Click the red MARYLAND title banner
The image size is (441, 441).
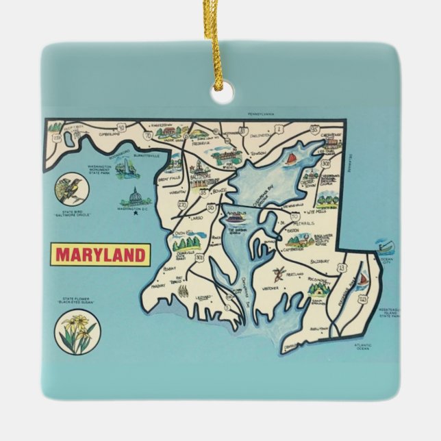(101, 255)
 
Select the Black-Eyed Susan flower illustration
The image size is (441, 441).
(76, 332)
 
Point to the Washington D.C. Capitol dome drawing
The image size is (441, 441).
(134, 199)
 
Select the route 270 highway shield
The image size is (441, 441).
(183, 205)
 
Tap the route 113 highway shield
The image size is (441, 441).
(362, 299)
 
